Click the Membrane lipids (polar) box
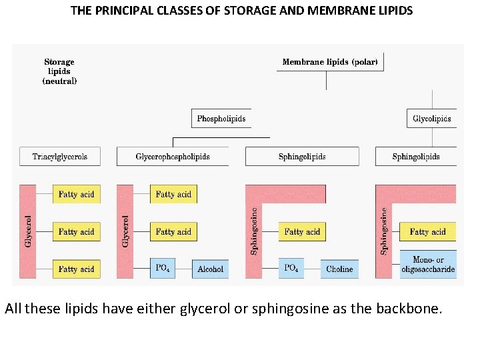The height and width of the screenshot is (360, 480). click(x=330, y=62)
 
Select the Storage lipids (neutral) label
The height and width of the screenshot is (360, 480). click(x=59, y=71)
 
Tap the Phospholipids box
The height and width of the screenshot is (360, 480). click(x=221, y=119)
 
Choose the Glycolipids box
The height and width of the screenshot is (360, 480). click(x=432, y=119)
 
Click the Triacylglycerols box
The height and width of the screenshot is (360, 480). click(x=60, y=157)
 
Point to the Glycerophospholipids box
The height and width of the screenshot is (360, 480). click(x=173, y=157)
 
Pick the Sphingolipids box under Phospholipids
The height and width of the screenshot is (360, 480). click(x=302, y=157)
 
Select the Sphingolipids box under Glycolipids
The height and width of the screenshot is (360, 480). click(x=416, y=157)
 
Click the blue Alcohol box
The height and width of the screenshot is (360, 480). click(x=211, y=269)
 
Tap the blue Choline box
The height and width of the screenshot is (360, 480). click(x=339, y=269)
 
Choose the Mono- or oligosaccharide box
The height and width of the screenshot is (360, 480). click(x=428, y=265)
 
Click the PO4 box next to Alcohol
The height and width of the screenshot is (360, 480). click(x=163, y=269)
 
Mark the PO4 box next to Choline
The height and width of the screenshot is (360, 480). click(x=291, y=269)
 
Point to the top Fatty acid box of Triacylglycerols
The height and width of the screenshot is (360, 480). click(x=77, y=195)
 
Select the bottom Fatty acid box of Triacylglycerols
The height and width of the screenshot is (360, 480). click(x=77, y=269)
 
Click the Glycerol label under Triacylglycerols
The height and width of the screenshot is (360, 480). click(x=28, y=231)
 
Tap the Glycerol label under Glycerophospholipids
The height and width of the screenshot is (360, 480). click(x=125, y=231)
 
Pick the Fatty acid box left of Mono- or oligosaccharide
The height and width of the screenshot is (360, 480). click(x=427, y=232)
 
